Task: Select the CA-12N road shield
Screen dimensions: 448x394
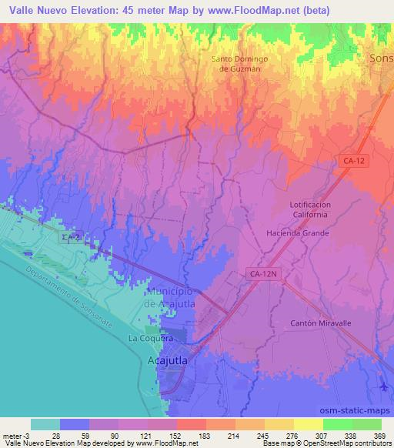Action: tap(263, 272)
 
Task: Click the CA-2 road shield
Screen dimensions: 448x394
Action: tap(71, 239)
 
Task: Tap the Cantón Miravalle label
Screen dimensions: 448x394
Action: tap(320, 323)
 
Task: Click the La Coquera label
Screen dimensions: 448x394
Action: tap(148, 339)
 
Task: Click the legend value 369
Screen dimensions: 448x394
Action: tap(379, 435)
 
